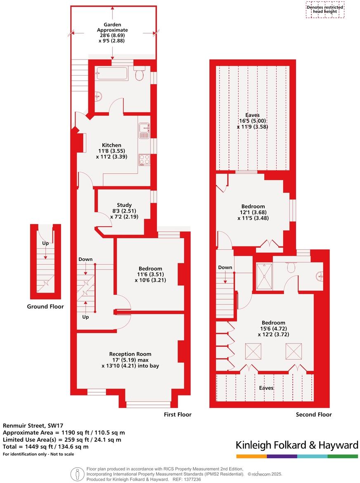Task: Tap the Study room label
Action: pyautogui.click(x=124, y=205)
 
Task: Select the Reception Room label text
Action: pyautogui.click(x=130, y=354)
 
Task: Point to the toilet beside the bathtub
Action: pyautogui.click(x=139, y=74)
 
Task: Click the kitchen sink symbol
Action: pyautogui.click(x=144, y=130)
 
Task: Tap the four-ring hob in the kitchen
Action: pyautogui.click(x=144, y=159)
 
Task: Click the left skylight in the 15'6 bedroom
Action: pyautogui.click(x=253, y=352)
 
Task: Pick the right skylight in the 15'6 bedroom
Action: pyautogui.click(x=294, y=352)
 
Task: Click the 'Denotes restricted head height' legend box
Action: pyautogui.click(x=324, y=9)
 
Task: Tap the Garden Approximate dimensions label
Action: pyautogui.click(x=112, y=33)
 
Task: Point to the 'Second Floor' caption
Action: pyautogui.click(x=314, y=414)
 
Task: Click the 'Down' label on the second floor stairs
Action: pyautogui.click(x=225, y=267)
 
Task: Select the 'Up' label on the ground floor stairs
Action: pyautogui.click(x=45, y=243)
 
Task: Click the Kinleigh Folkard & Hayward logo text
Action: pyautogui.click(x=296, y=445)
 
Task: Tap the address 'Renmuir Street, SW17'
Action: pyautogui.click(x=33, y=425)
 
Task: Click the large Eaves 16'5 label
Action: pyautogui.click(x=252, y=121)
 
